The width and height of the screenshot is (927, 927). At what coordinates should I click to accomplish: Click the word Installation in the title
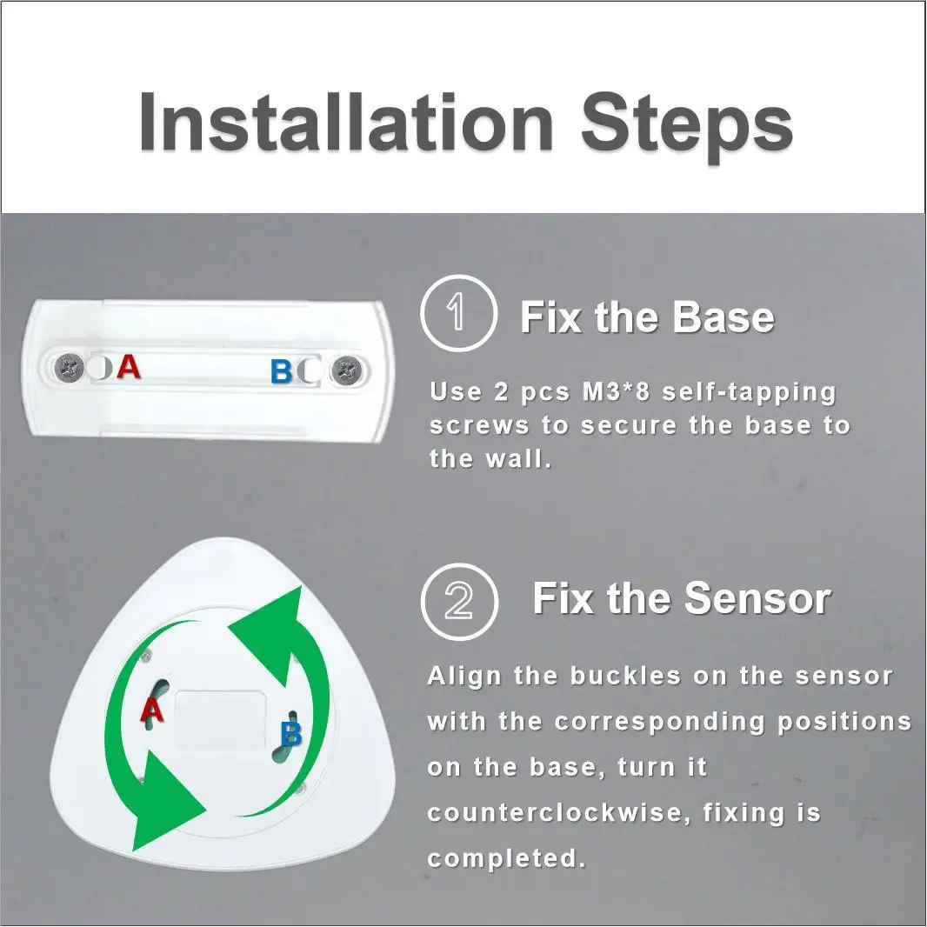pyautogui.click(x=346, y=122)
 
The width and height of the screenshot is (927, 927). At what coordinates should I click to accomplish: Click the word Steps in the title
pyautogui.click(x=686, y=122)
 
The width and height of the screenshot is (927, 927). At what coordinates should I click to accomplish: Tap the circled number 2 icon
pyautogui.click(x=458, y=601)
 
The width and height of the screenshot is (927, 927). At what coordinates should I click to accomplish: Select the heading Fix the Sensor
pyautogui.click(x=681, y=599)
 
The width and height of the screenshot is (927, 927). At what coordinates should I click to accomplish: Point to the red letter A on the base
pyautogui.click(x=129, y=367)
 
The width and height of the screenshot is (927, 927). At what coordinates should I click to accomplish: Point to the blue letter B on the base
pyautogui.click(x=281, y=372)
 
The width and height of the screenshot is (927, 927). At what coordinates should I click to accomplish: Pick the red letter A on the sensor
pyautogui.click(x=153, y=711)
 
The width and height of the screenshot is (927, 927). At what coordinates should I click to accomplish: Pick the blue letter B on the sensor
pyautogui.click(x=290, y=735)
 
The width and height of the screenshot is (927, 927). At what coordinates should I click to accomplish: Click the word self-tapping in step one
pyautogui.click(x=749, y=392)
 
